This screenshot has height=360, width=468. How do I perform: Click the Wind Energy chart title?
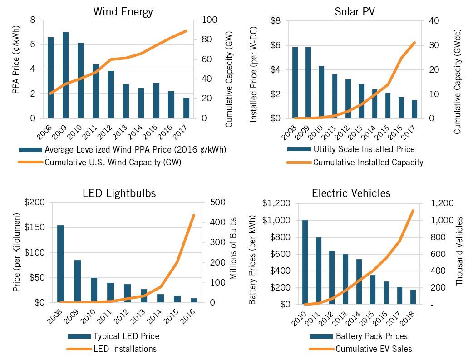coord(123,12)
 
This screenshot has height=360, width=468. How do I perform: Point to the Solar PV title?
coord(355,12)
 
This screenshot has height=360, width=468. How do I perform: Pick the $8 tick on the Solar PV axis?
coord(276,21)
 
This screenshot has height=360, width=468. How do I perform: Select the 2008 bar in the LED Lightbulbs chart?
coord(60,264)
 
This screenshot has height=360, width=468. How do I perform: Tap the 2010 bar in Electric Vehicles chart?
coord(305,262)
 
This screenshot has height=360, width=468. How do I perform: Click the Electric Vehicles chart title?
coord(351,193)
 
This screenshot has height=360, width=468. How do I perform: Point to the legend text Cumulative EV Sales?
coord(374,349)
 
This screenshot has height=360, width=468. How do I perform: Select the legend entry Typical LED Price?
coord(126,336)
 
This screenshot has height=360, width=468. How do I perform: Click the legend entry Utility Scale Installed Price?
coord(364,149)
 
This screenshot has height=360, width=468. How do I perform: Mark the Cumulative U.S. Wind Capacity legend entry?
coord(113,162)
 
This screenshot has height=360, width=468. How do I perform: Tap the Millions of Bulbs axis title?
coord(233,249)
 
